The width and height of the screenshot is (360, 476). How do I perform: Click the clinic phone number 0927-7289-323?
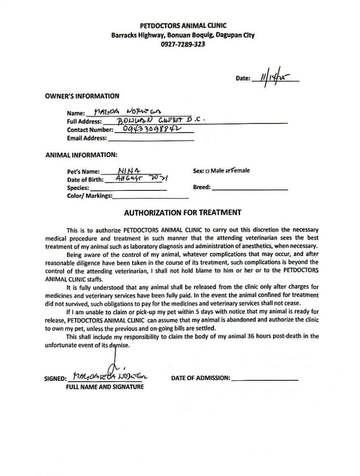[x=180, y=44]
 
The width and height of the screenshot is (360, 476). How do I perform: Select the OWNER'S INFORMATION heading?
[x=82, y=96]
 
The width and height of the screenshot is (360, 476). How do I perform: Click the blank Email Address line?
[x=151, y=138]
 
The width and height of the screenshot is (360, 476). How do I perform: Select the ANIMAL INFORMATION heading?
[x=81, y=155]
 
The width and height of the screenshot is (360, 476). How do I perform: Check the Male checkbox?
[x=207, y=171]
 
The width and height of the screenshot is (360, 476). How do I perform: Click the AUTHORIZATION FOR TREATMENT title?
[x=182, y=212]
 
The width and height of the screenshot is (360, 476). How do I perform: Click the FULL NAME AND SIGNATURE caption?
[x=105, y=387]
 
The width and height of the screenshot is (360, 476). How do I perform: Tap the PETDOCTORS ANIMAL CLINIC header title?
[x=180, y=26]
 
